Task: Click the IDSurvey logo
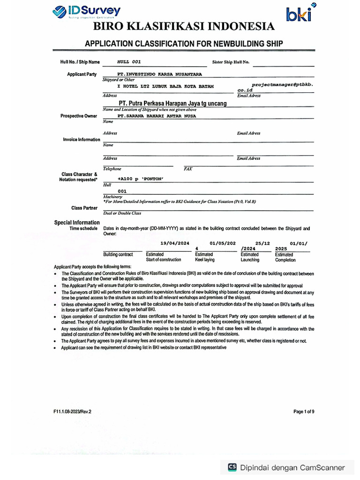[86, 12]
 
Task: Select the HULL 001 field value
[128, 62]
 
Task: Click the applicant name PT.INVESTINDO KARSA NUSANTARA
[159, 74]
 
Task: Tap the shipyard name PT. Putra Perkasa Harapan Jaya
[172, 103]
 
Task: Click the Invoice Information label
[82, 140]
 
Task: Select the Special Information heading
[77, 222]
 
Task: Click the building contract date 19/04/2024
[174, 243]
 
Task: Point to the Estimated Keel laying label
[205, 257]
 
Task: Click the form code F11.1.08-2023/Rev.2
[73, 412]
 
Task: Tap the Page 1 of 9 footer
[304, 412]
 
